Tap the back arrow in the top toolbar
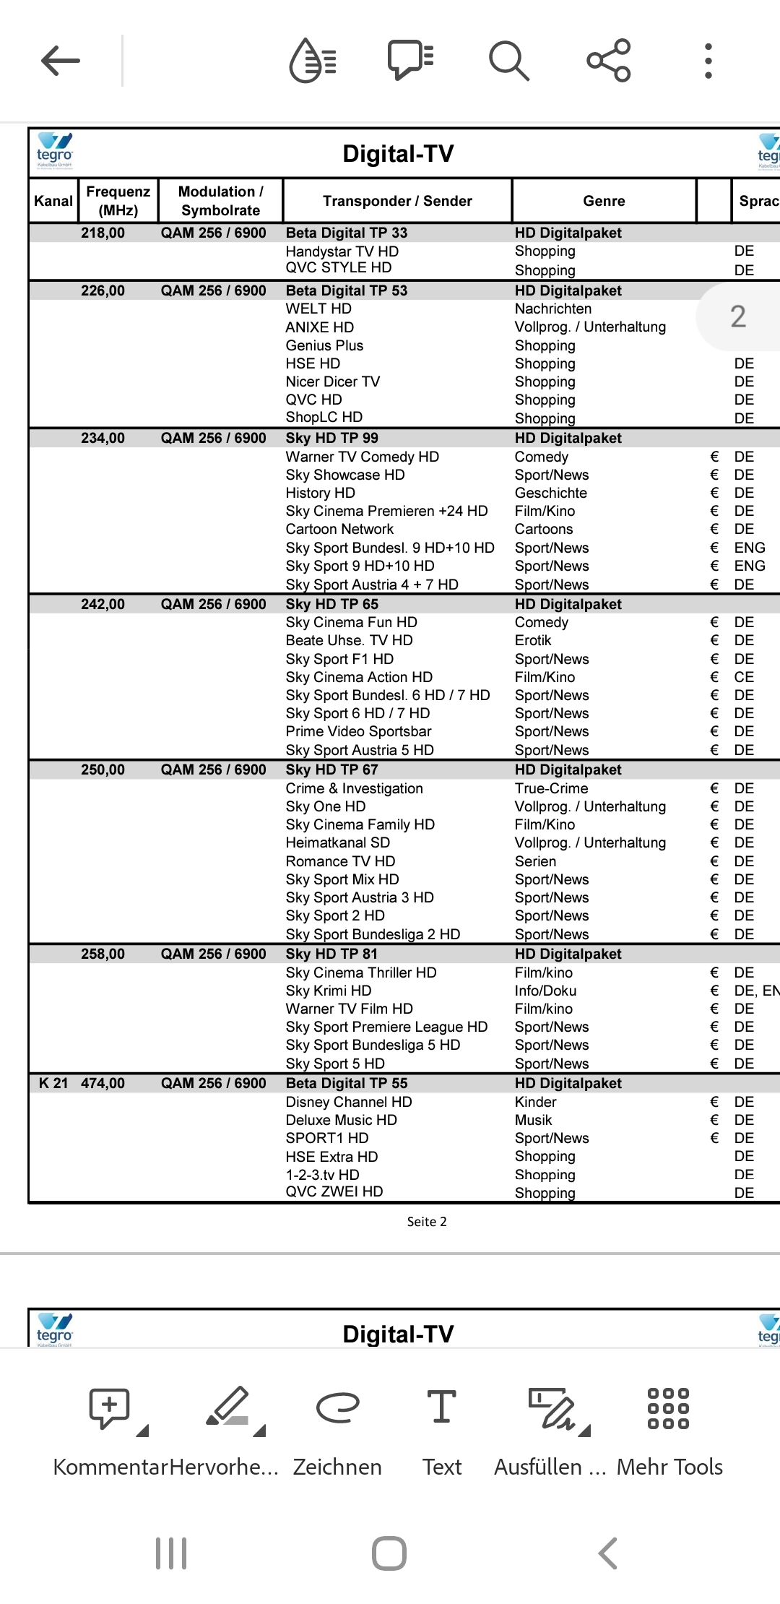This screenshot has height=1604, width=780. pyautogui.click(x=61, y=61)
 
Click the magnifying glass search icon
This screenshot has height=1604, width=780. pyautogui.click(x=509, y=61)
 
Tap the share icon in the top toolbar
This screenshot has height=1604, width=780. pyautogui.click(x=609, y=61)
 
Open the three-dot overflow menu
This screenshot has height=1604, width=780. pyautogui.click(x=708, y=61)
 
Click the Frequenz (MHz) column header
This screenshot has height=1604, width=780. pyautogui.click(x=118, y=201)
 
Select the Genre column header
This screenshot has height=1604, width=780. pyautogui.click(x=604, y=201)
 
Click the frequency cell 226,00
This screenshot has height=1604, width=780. pyautogui.click(x=103, y=290)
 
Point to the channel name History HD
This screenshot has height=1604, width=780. pyautogui.click(x=320, y=493)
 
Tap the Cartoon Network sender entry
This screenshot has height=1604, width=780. pyautogui.click(x=339, y=529)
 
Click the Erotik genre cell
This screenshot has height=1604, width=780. pyautogui.click(x=533, y=640)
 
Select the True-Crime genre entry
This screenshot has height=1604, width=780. pyautogui.click(x=551, y=788)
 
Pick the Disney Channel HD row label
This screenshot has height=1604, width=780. pyautogui.click(x=348, y=1102)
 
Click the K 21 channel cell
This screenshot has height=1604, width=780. pyautogui.click(x=53, y=1083)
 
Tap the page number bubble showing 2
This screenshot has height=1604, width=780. pyautogui.click(x=737, y=316)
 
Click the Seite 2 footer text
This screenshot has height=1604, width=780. pyautogui.click(x=426, y=1222)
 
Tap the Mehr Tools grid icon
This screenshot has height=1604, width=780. pyautogui.click(x=668, y=1409)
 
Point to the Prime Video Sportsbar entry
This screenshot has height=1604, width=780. pyautogui.click(x=358, y=731)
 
